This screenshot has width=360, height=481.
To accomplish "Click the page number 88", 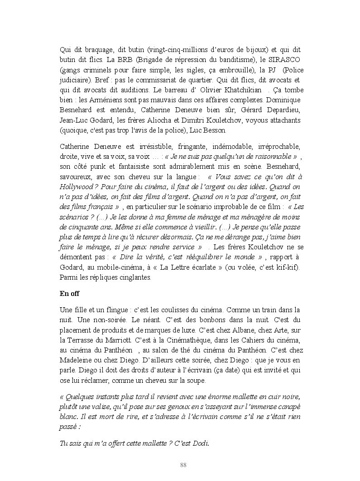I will (x=183, y=465).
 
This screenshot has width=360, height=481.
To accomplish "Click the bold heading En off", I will (x=69, y=293).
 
